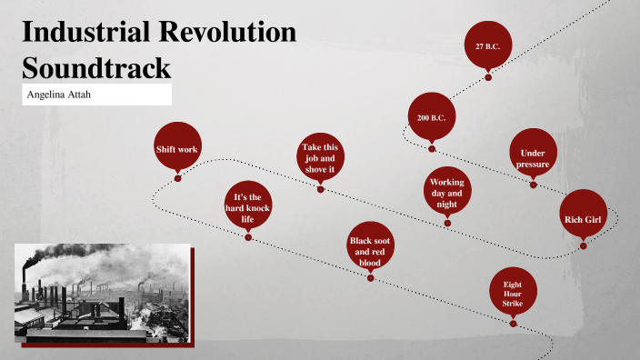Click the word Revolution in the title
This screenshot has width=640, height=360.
pyautogui.click(x=235, y=32)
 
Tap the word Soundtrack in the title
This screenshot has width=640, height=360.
pyautogui.click(x=95, y=68)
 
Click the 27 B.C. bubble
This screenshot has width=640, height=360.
pyautogui.click(x=488, y=45)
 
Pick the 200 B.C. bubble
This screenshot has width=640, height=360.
pyautogui.click(x=431, y=118)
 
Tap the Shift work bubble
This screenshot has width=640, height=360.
pyautogui.click(x=176, y=148)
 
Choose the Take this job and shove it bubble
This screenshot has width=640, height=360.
pyautogui.click(x=319, y=158)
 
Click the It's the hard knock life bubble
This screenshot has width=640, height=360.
pyautogui.click(x=247, y=207)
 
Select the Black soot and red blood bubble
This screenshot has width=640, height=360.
pyautogui.click(x=371, y=250)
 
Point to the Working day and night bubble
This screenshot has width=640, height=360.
pyautogui.click(x=446, y=193)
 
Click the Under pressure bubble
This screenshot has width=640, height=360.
pyautogui.click(x=533, y=157)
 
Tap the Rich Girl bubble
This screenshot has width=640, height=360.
pyautogui.click(x=583, y=219)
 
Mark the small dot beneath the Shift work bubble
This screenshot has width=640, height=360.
pyautogui.click(x=178, y=178)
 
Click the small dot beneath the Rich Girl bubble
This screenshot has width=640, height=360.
pyautogui.click(x=583, y=245)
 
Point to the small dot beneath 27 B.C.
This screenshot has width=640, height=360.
pyautogui.click(x=488, y=77)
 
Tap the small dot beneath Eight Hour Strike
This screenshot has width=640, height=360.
pyautogui.click(x=513, y=323)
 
